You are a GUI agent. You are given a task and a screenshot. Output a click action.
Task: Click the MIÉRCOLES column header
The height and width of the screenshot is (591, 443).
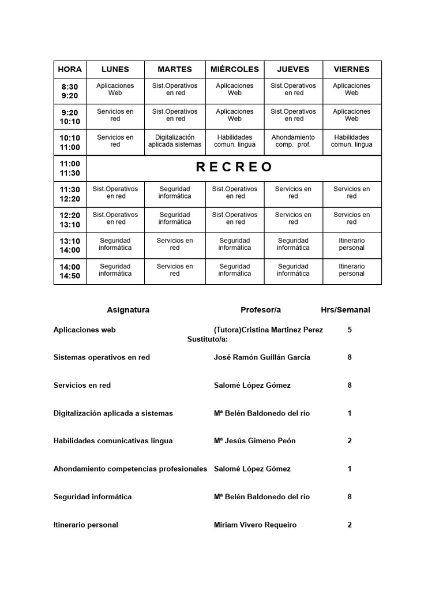235,69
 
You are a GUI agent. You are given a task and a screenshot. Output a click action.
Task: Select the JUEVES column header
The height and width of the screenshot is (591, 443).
293,69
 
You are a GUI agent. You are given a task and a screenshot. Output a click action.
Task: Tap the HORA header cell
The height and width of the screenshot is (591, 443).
70,69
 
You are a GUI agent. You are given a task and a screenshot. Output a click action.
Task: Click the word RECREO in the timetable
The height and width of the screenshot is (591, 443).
234,167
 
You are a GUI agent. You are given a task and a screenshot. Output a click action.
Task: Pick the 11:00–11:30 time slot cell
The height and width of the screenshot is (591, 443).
70,168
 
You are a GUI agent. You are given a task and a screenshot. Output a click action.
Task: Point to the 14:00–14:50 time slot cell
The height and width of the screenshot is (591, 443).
70,271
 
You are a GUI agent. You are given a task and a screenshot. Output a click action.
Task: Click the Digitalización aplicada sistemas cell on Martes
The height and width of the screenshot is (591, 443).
175,141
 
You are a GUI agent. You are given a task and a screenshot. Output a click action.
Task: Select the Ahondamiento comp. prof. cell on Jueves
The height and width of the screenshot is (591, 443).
293,141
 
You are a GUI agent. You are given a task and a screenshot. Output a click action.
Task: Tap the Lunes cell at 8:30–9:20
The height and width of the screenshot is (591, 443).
115,89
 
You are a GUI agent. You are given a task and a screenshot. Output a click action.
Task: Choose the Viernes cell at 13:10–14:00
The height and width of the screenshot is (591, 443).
352,244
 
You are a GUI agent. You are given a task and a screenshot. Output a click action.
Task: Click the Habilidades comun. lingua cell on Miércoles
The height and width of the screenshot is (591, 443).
235,141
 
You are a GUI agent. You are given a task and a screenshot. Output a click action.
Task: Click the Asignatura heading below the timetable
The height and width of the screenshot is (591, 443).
128,310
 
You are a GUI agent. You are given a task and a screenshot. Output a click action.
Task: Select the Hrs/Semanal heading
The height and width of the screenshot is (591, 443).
346,310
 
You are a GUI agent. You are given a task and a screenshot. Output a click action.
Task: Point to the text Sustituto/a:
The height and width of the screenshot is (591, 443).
208,339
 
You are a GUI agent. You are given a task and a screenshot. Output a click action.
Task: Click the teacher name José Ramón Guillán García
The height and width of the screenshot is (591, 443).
262,357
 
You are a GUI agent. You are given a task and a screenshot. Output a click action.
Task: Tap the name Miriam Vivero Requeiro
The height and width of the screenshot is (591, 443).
255,525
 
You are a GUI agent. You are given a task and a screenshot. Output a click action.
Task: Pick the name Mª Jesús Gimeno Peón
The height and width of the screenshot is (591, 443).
254,441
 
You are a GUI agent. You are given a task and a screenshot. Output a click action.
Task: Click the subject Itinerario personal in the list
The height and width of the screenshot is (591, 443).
85,525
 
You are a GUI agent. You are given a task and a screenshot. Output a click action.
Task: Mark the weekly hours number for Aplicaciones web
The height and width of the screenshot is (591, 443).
350,330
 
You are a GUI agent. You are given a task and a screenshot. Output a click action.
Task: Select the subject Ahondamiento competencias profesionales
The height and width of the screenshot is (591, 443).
130,469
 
